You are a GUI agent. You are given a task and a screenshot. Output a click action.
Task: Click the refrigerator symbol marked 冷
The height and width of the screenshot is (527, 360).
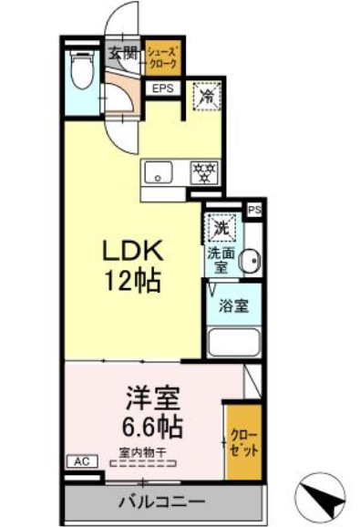(207, 94)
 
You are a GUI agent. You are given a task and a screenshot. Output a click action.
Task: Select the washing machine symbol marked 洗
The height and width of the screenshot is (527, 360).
(221, 228)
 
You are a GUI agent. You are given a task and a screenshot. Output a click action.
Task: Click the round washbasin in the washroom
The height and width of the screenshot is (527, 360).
(250, 261)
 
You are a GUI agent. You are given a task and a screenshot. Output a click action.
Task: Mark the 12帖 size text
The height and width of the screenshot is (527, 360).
(131, 280)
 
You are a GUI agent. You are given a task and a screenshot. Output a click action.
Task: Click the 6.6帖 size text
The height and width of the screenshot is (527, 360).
(153, 425)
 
